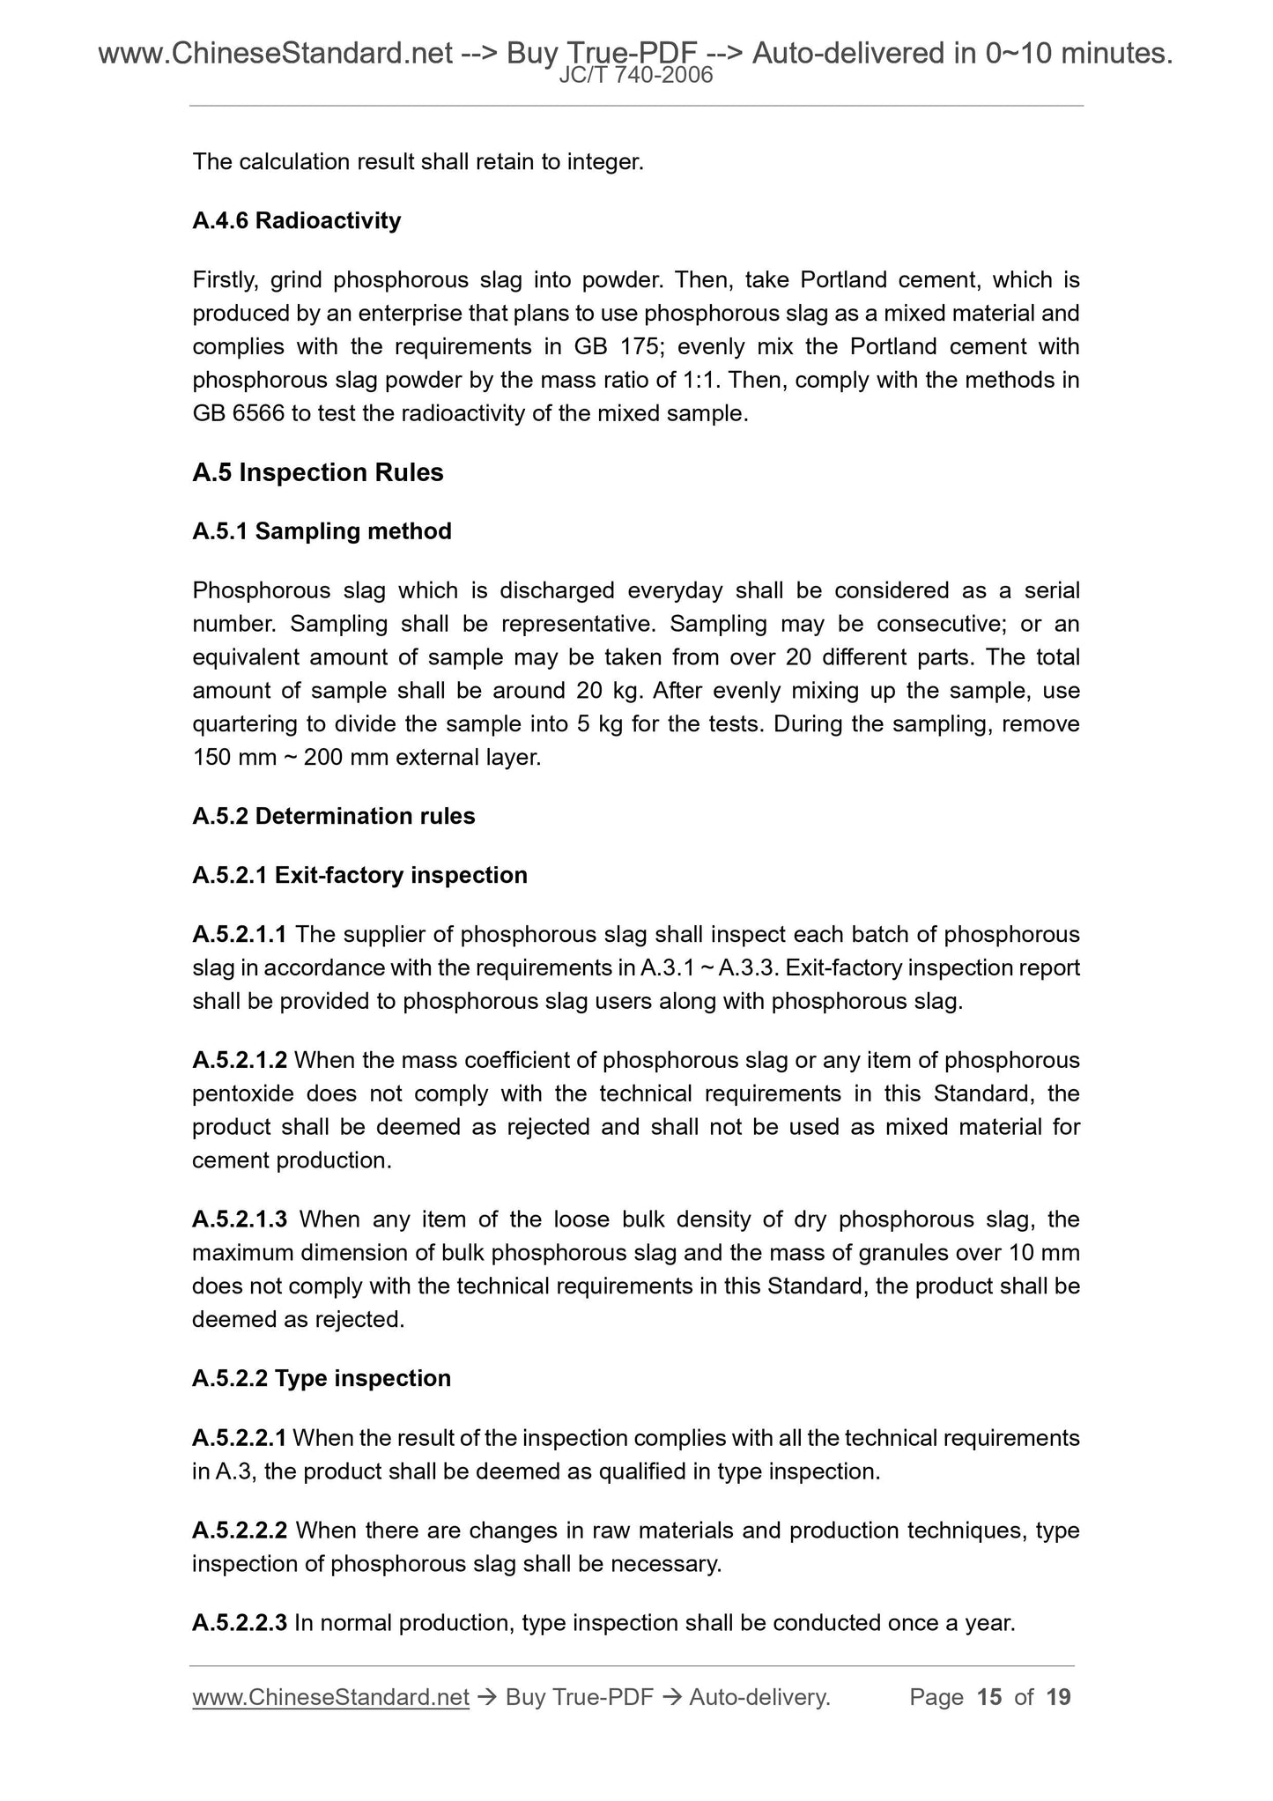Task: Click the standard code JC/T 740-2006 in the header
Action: coord(636,77)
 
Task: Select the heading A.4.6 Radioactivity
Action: coord(296,220)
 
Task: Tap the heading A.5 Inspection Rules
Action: coord(317,473)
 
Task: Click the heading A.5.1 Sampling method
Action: coord(322,531)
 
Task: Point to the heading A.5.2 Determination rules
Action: coord(333,816)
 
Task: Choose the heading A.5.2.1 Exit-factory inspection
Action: coord(359,875)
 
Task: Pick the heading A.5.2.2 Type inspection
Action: coord(321,1378)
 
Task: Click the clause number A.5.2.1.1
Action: coord(239,934)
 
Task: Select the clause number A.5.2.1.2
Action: coord(239,1060)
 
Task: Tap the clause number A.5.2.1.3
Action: coord(239,1219)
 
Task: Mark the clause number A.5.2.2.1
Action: coord(239,1438)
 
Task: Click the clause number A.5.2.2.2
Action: coord(239,1530)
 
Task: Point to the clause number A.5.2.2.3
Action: coord(239,1623)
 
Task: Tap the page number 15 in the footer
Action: coord(989,1697)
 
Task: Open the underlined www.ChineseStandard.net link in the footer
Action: coord(330,1697)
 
